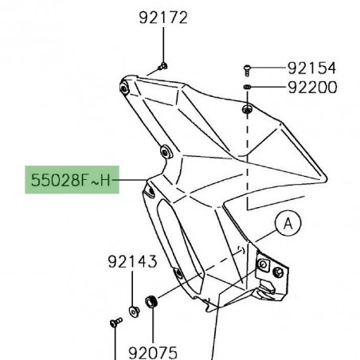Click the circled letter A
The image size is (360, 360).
click(285, 224)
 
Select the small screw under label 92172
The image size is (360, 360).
click(162, 65)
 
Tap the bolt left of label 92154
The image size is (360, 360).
click(248, 69)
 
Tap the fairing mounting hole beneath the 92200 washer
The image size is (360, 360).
click(248, 107)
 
